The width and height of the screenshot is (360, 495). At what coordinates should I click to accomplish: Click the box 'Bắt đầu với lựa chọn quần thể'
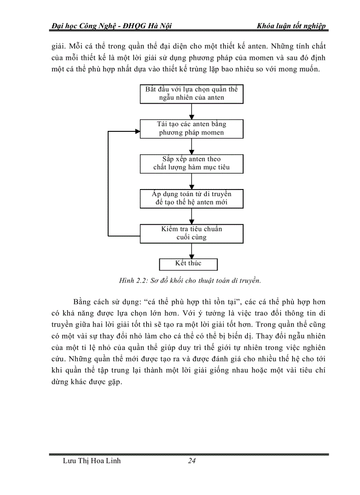[x=191, y=94]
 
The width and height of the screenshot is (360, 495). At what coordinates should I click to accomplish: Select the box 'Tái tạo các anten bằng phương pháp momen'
[x=191, y=129]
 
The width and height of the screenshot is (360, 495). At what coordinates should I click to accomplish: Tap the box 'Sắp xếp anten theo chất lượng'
[x=191, y=163]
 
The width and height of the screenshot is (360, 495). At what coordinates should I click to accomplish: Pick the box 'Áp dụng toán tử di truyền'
[x=191, y=199]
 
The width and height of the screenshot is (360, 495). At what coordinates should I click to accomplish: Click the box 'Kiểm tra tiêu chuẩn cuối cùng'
[x=191, y=234]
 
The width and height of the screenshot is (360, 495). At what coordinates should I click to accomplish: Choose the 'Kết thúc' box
[x=188, y=264]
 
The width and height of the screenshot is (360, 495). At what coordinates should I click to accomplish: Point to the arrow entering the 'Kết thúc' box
[x=191, y=251]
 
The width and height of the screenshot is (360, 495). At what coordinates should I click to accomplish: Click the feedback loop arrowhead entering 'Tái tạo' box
[x=137, y=131]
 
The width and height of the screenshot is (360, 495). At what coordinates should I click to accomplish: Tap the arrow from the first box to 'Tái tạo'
[x=191, y=112]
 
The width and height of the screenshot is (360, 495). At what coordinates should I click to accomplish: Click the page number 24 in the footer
[x=191, y=461]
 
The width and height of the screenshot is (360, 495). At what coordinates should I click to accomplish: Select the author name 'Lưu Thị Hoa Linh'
[x=92, y=461]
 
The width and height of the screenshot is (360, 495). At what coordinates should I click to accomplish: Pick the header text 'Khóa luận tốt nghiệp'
[x=291, y=26]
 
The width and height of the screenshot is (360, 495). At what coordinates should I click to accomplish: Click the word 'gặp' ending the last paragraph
[x=113, y=382]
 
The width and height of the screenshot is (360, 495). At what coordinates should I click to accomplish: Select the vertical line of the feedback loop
[x=109, y=183]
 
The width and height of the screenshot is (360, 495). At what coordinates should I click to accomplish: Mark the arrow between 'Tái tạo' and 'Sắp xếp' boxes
[x=191, y=146]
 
